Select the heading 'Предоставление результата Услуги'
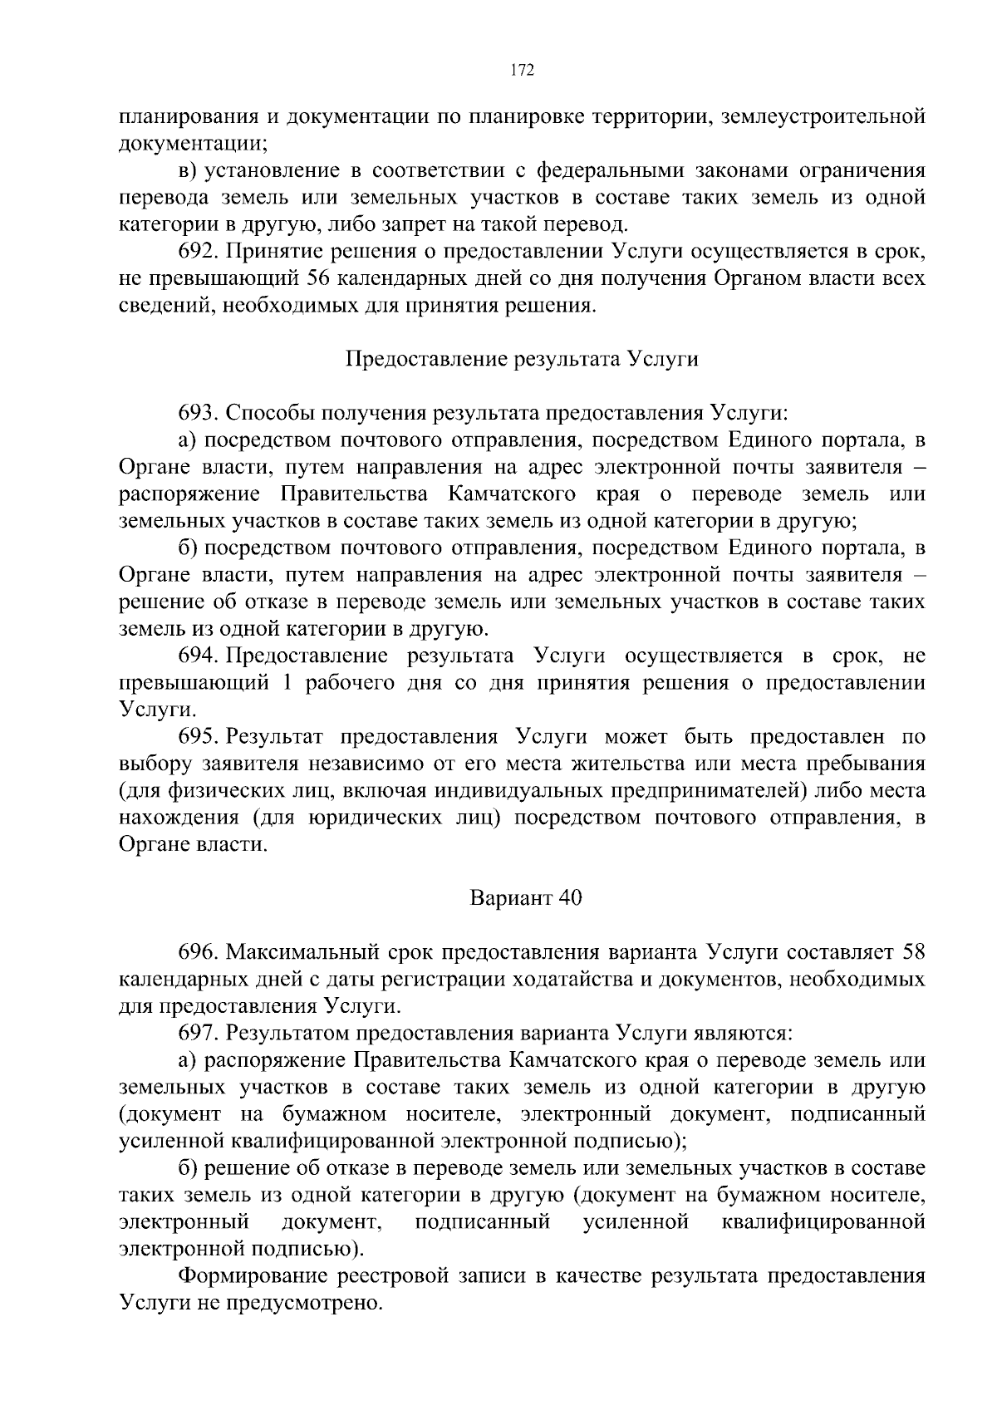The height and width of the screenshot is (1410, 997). (x=521, y=359)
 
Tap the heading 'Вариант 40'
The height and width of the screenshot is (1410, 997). (x=526, y=898)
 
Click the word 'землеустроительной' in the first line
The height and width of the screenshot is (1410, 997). (x=823, y=117)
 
